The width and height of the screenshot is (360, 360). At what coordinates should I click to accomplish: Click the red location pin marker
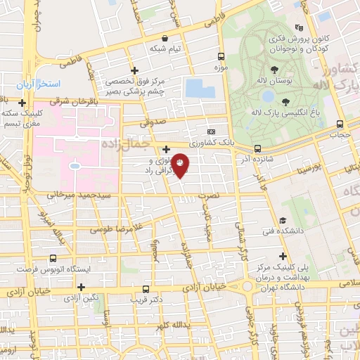click(181, 165)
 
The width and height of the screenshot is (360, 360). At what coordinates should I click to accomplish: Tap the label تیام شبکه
click(165, 49)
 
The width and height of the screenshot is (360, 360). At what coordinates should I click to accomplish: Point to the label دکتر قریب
click(146, 299)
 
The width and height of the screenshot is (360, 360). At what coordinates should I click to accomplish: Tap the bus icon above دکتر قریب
click(146, 288)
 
